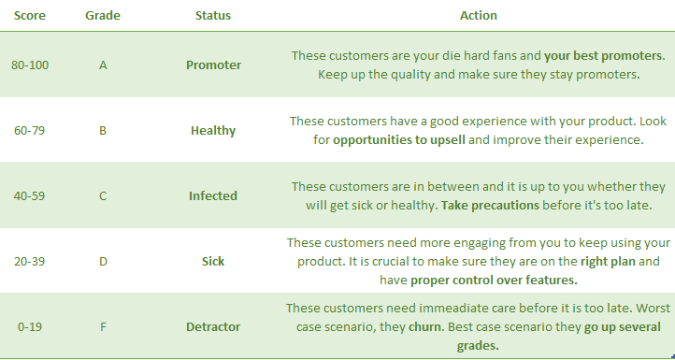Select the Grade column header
click(103, 16)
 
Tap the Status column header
click(213, 16)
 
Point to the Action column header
click(478, 16)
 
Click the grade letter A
click(103, 65)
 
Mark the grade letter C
click(103, 196)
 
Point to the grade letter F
click(103, 327)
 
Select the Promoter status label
click(213, 65)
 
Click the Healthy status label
click(213, 131)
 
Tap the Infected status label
click(213, 196)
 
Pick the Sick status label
click(213, 262)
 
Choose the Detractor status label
click(213, 327)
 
